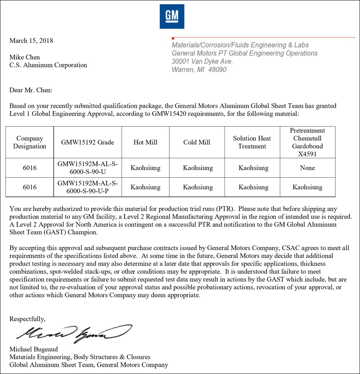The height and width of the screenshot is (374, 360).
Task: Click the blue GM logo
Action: click(x=172, y=16)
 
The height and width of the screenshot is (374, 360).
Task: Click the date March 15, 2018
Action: click(x=31, y=41)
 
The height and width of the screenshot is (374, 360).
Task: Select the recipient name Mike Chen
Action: click(x=25, y=57)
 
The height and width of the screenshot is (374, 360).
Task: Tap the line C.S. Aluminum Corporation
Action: click(x=48, y=65)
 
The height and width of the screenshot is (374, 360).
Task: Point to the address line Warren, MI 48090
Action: click(x=199, y=70)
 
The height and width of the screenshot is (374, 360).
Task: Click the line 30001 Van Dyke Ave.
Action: click(x=202, y=62)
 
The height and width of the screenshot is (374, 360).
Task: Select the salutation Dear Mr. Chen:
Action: click(x=31, y=90)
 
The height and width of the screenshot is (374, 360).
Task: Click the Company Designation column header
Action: click(x=30, y=142)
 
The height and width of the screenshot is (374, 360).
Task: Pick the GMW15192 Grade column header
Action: click(x=87, y=142)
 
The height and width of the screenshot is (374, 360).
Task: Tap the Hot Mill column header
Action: click(x=145, y=142)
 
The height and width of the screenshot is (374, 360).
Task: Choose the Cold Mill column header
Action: click(x=197, y=142)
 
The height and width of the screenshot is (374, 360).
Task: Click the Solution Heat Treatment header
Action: click(x=252, y=142)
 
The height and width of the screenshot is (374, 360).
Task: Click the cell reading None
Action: click(x=307, y=168)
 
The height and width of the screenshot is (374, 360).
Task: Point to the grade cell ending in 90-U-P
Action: click(x=87, y=187)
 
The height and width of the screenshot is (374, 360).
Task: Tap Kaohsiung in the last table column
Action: click(x=307, y=187)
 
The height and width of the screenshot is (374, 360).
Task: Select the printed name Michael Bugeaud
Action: click(x=33, y=349)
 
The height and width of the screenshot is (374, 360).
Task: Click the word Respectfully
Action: click(x=27, y=319)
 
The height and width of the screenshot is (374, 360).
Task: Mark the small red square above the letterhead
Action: click(x=173, y=38)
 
